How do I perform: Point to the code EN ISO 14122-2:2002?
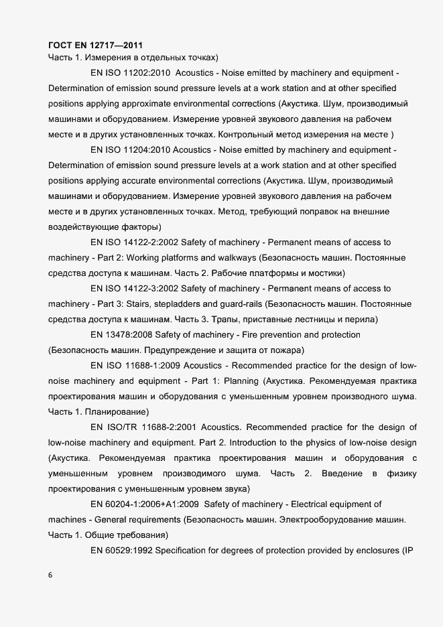pos(133,242)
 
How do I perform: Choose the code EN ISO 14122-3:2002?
pos(133,288)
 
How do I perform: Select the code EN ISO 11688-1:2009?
pos(133,365)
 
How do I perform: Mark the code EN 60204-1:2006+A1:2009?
pos(145,504)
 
